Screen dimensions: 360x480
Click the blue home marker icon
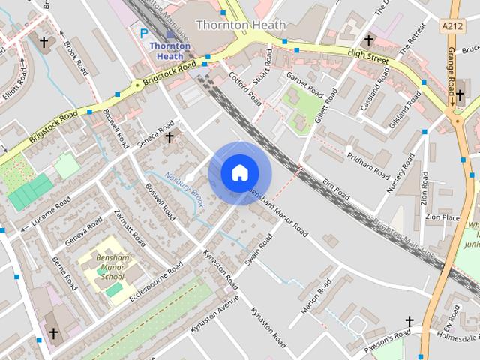(x=239, y=173)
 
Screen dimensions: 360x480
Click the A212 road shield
(x=452, y=25)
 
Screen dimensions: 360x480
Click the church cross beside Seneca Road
(x=169, y=137)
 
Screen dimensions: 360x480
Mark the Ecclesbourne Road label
(x=156, y=279)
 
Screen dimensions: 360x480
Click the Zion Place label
(x=442, y=217)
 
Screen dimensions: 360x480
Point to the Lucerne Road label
(x=49, y=213)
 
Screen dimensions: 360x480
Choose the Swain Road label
(x=259, y=250)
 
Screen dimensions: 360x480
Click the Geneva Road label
(x=83, y=231)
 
